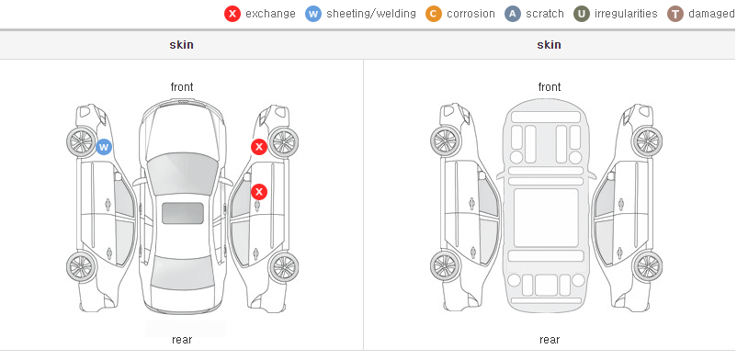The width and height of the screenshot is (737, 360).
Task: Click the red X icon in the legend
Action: [232, 14]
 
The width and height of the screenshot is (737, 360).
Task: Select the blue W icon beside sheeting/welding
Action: [313, 14]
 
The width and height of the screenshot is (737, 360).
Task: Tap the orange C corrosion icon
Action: [434, 14]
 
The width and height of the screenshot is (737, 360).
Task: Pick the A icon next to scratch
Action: [513, 14]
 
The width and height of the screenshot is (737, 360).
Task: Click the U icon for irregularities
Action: [582, 14]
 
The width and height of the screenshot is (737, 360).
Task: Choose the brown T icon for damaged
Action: [675, 14]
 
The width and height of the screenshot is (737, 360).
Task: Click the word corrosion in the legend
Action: [471, 14]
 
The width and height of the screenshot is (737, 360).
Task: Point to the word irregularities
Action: [626, 14]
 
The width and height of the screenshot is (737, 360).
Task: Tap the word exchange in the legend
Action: [270, 14]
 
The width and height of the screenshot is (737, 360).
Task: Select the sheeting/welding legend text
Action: [371, 14]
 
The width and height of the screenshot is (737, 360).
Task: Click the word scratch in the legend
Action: [545, 14]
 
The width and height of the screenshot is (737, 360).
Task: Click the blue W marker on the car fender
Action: [104, 147]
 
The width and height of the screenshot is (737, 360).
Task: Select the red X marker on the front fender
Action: [258, 147]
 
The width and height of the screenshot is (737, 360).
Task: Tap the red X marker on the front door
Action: [258, 192]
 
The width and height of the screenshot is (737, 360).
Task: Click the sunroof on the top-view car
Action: [183, 213]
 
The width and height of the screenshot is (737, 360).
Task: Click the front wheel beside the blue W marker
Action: [81, 141]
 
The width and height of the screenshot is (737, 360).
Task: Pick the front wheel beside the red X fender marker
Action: [283, 141]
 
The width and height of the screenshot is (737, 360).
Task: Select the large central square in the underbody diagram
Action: [546, 218]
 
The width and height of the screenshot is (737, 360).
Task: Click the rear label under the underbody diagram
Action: [550, 340]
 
